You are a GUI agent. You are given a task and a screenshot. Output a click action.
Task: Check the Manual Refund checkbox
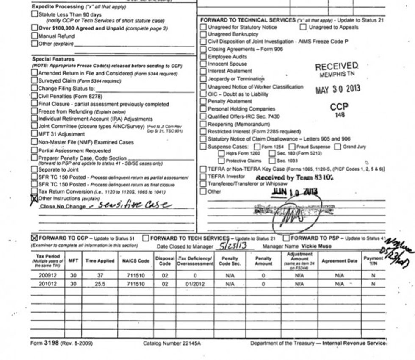[x=35, y=36]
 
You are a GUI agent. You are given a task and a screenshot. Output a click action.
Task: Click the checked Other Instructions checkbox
[x=35, y=198]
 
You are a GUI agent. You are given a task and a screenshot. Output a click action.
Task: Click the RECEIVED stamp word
[x=337, y=66]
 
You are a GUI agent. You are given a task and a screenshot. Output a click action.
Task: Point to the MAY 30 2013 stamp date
[x=338, y=90]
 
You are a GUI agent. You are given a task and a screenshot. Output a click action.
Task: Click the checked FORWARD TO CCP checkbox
[x=35, y=238]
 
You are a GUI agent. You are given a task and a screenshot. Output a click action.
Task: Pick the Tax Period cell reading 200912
[x=47, y=274]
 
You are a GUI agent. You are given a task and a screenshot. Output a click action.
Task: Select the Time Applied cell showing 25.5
[x=100, y=284]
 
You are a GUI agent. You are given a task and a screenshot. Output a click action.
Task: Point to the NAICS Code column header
[x=136, y=261]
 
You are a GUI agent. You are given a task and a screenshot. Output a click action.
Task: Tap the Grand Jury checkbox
[x=338, y=147]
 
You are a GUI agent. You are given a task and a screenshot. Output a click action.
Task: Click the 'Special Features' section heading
[x=53, y=59]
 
